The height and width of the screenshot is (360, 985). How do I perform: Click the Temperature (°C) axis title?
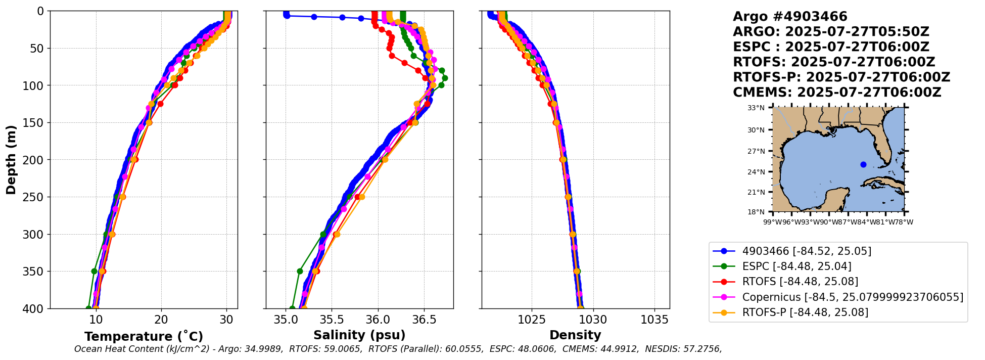[x=144, y=337]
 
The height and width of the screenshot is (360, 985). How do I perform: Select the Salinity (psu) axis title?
[x=359, y=335]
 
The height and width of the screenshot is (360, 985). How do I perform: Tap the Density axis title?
[x=575, y=335]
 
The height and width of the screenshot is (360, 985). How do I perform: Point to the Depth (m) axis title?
[x=11, y=160]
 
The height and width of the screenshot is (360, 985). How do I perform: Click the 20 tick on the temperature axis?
[x=161, y=320]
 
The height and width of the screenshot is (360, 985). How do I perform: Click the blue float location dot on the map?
[x=863, y=164]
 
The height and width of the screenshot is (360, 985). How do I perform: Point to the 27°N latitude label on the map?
[x=756, y=151]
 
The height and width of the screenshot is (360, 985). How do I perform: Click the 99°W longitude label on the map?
[x=772, y=222]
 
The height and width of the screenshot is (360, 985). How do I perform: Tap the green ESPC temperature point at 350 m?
[x=94, y=271]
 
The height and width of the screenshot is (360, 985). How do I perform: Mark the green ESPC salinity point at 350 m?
[x=300, y=271]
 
